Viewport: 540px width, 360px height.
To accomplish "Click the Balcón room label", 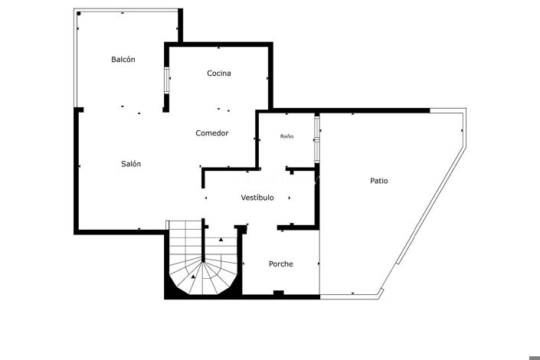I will coord(123,59).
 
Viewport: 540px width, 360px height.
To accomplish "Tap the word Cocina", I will coord(219,74).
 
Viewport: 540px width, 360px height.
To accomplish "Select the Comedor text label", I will coord(212,133).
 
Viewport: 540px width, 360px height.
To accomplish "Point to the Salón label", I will coord(131,164).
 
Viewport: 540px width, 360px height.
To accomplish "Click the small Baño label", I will coord(286,136).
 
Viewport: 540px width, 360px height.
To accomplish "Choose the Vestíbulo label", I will coord(257,198).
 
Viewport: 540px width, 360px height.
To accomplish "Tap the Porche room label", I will coord(280,264).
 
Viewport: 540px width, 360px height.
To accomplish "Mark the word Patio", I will coord(378,182).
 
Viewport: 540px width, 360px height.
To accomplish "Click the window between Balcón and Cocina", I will coord(166,81).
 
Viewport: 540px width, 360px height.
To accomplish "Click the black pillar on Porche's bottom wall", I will coord(278,293).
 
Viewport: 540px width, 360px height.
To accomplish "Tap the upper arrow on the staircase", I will coord(221,240).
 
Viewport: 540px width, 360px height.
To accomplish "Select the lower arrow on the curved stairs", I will coord(194,276).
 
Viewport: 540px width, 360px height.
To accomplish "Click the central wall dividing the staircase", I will coord(203,249).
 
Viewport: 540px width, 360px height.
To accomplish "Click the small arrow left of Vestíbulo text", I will coord(206,198).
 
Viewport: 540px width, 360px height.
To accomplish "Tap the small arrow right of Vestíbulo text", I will coord(289,198).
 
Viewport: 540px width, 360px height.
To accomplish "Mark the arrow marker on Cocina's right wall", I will coord(268,77).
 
